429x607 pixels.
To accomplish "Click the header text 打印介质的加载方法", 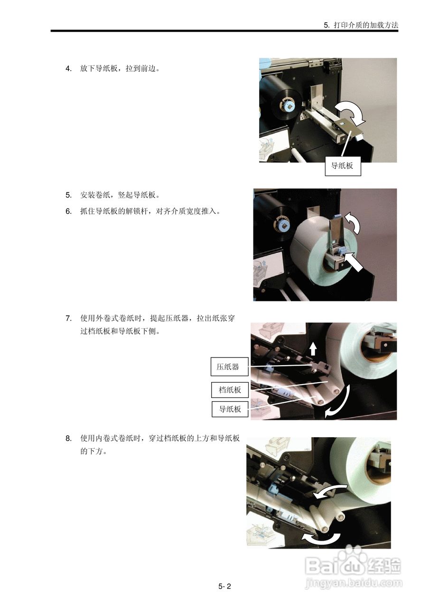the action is pos(366,25).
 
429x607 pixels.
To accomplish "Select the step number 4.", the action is pos(68,69).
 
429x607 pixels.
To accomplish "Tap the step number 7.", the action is pos(68,318).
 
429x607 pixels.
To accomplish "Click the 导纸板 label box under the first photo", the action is pos(343,166).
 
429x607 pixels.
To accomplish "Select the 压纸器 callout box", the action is pos(229,367).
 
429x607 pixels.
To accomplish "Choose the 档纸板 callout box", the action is pos(230,390).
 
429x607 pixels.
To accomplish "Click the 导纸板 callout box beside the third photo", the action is pos(230,409).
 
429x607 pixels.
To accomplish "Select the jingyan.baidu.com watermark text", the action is pos(354,581).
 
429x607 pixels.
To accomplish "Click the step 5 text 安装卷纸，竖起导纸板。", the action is pos(120,195).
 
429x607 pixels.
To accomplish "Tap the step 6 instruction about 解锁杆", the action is pos(150,211).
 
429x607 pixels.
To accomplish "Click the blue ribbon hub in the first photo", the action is pos(288,107).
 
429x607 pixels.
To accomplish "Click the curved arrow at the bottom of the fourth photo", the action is pos(321,542).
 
